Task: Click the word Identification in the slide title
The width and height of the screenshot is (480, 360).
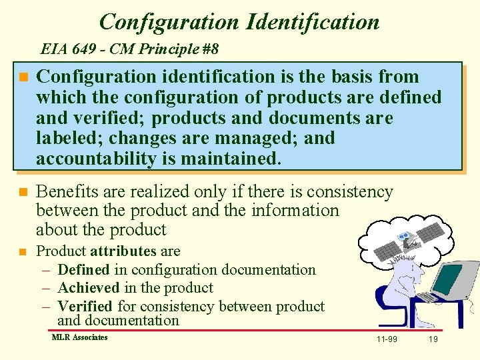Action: (x=313, y=21)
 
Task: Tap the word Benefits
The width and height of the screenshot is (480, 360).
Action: (x=67, y=192)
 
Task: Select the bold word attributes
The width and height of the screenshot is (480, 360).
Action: (x=123, y=251)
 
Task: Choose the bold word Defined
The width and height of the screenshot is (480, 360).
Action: (x=83, y=270)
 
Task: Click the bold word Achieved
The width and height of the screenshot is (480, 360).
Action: (x=88, y=288)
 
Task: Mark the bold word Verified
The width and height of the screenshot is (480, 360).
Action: (x=85, y=307)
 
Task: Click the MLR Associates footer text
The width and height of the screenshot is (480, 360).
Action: (x=79, y=337)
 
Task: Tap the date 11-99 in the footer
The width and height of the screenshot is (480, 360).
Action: (x=387, y=339)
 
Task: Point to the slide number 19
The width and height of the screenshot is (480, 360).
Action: (x=433, y=339)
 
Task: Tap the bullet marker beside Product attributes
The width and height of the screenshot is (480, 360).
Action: (x=23, y=252)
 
